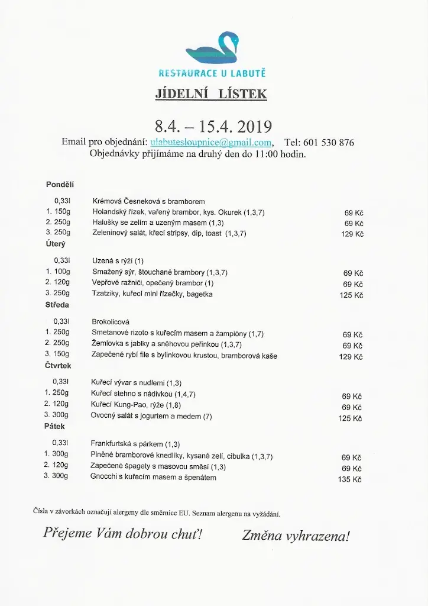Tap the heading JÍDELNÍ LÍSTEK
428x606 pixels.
point(211,94)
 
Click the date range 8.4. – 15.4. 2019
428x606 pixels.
point(213,127)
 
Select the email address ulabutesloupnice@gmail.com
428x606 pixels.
point(211,143)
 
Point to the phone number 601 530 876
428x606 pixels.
point(330,143)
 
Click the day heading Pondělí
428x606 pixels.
point(60,185)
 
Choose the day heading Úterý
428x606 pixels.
point(56,244)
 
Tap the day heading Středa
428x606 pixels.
point(57,305)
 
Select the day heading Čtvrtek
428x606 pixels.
point(58,366)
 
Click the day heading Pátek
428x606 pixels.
point(54,426)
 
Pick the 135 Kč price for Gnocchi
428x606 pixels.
point(349,479)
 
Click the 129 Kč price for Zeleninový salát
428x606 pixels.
point(351,234)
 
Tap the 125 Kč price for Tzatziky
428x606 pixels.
point(351,295)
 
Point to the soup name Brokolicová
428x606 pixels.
point(111,322)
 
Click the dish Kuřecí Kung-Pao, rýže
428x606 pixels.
point(136,404)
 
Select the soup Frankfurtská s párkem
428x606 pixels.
point(135,444)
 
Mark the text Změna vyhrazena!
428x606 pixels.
point(296,536)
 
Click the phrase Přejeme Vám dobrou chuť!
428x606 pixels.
point(122,534)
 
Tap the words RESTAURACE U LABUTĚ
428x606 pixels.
point(212,73)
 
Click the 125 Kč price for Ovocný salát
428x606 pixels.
point(350,418)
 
